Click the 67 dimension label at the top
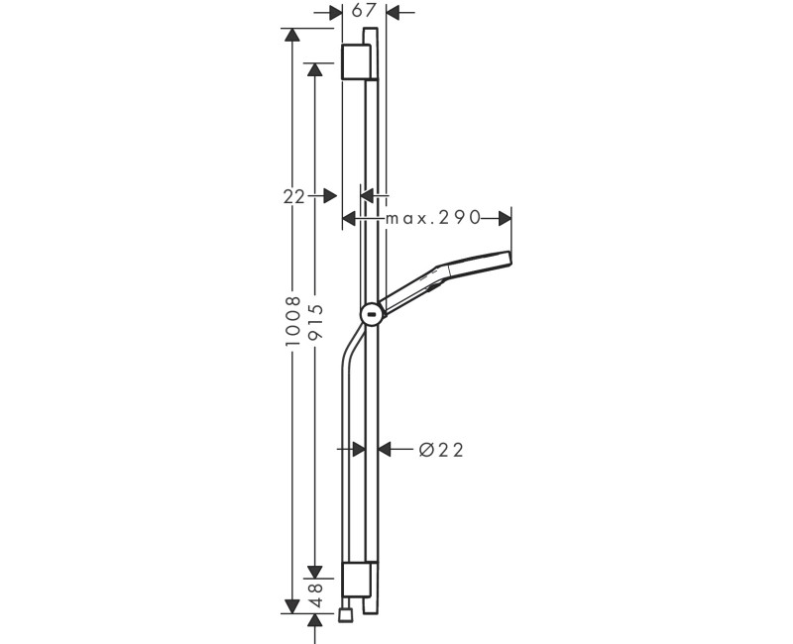coord(364,11)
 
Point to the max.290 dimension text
coord(433,217)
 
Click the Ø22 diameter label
coord(441,450)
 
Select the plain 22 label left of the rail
coord(293,196)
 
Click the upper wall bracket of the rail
coord(356,61)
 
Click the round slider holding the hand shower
coord(372,315)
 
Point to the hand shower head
coord(466,270)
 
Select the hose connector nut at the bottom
coord(345,616)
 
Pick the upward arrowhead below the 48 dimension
coord(314,621)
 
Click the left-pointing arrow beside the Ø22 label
coord(390,450)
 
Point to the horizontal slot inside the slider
coord(372,317)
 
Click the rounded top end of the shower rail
coord(371,34)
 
